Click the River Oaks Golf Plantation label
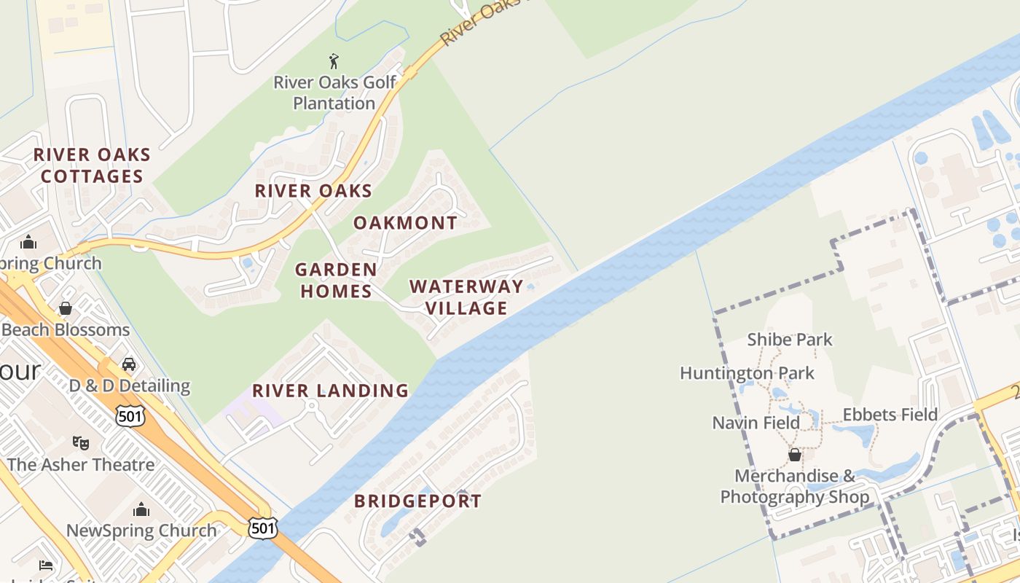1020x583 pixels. (334, 93)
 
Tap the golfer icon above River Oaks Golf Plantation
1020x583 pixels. (334, 61)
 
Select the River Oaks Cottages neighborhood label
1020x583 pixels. (92, 165)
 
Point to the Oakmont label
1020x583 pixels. (406, 223)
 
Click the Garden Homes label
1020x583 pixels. (336, 281)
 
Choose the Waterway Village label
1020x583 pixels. (466, 297)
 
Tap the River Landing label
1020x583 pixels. (331, 391)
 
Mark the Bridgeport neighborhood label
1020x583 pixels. (417, 501)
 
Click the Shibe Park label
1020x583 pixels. (790, 340)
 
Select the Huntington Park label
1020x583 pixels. (747, 373)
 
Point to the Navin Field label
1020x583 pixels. (756, 423)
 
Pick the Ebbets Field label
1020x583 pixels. (890, 415)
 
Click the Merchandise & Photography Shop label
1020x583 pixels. (795, 487)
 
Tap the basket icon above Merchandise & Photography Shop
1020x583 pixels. (795, 455)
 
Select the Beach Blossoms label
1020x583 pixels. (66, 329)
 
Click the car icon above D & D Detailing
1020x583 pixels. (129, 364)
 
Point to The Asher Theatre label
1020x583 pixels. (81, 464)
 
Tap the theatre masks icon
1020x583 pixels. (81, 442)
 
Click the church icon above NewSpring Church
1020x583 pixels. (141, 509)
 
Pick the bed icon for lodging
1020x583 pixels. (45, 566)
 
